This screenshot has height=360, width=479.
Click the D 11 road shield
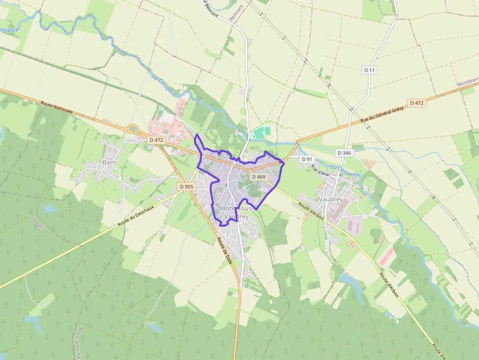(370, 70)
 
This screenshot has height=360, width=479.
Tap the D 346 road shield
(344, 153)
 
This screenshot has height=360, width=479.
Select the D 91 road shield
(307, 159)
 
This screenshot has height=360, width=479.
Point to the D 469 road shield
(258, 177)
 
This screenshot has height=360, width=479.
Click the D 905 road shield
(187, 187)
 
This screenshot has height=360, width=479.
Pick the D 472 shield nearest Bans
(157, 140)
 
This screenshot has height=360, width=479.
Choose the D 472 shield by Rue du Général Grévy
(416, 103)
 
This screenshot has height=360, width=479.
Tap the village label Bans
(109, 162)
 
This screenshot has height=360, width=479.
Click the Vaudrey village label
(331, 199)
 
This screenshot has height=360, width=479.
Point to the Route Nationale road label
(57, 107)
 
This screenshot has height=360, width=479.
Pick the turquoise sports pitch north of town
(261, 131)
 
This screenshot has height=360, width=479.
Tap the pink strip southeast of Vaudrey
(386, 255)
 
